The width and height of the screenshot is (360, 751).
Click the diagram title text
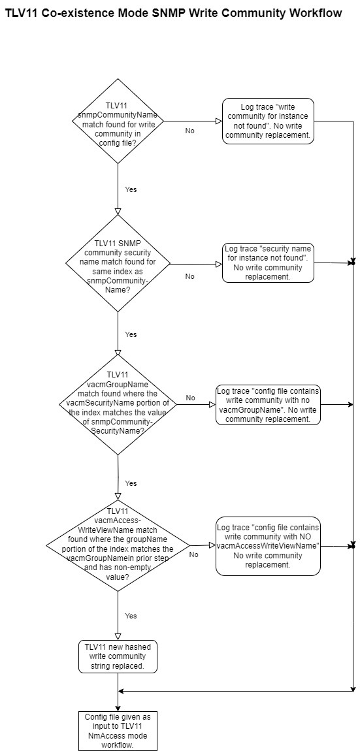click(x=174, y=14)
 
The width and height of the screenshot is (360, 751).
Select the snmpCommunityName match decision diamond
click(x=118, y=121)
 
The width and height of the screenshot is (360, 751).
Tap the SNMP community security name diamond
click(x=118, y=263)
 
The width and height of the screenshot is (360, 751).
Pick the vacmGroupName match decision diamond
click(x=118, y=405)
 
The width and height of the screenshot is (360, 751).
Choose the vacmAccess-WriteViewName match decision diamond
click(x=118, y=545)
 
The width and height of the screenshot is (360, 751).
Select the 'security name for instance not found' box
click(x=269, y=263)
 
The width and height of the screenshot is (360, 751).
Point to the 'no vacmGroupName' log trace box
click(x=268, y=405)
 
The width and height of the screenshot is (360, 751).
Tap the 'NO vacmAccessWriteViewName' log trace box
click(x=268, y=546)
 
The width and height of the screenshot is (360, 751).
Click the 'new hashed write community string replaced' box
click(x=118, y=656)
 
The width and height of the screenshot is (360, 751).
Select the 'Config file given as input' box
click(x=118, y=731)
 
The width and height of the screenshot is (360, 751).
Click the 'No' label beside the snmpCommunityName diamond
click(x=190, y=131)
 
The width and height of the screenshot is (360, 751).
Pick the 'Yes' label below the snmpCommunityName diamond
click(x=131, y=189)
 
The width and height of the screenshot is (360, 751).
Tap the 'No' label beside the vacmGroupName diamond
click(x=190, y=398)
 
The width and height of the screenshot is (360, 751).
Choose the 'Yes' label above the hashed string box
click(x=131, y=615)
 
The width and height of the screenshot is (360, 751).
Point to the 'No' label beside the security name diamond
click(x=190, y=276)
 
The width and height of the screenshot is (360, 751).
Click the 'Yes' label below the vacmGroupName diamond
click(x=131, y=483)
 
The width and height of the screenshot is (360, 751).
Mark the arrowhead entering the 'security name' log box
click(x=219, y=264)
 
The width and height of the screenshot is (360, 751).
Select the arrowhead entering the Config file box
click(x=118, y=708)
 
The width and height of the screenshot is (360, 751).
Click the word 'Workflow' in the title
click(x=314, y=14)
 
